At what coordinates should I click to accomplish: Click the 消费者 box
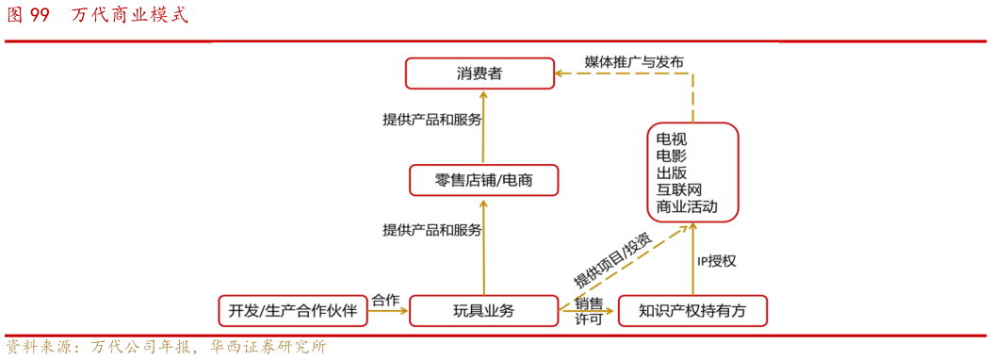click(x=480, y=74)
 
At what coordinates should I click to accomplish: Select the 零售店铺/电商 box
click(x=484, y=179)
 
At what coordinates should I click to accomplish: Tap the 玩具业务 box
click(x=483, y=310)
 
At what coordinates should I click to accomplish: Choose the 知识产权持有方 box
click(x=691, y=310)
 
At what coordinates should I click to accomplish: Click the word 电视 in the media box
click(x=672, y=139)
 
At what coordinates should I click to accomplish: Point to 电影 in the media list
click(x=672, y=156)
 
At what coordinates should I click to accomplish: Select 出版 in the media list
click(x=672, y=173)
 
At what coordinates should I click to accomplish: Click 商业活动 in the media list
click(x=687, y=206)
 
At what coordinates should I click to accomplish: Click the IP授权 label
click(x=717, y=261)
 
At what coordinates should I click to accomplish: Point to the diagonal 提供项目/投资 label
click(x=612, y=260)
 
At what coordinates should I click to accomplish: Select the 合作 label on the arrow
click(x=385, y=301)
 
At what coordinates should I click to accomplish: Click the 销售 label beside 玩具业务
click(x=589, y=303)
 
